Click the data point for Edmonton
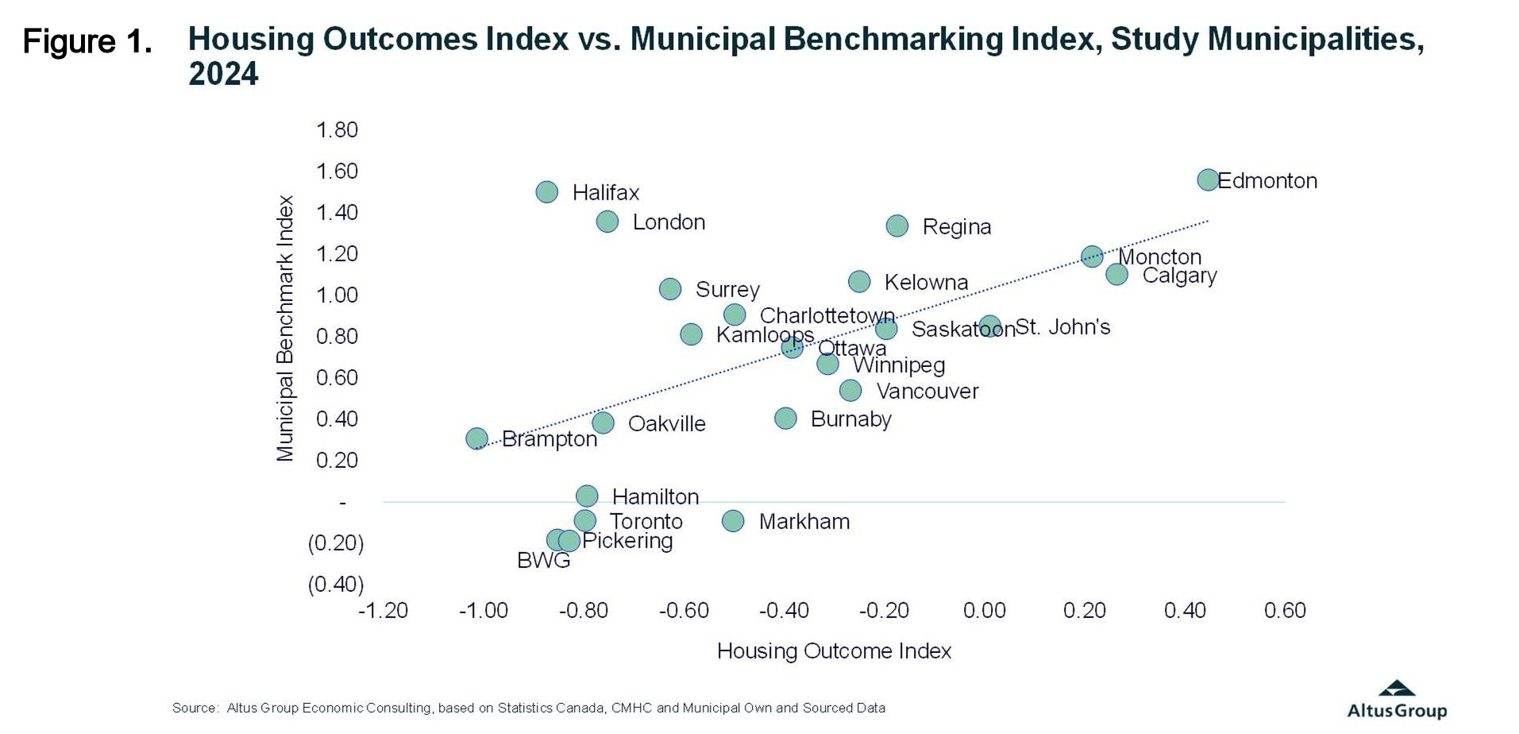(x=1208, y=180)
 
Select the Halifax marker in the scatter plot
(x=546, y=191)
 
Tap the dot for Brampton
(x=476, y=438)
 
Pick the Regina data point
(x=897, y=226)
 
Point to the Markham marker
(x=733, y=521)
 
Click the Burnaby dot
(x=785, y=419)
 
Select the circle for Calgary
(x=1116, y=274)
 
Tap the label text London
(x=669, y=222)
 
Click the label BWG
(x=543, y=561)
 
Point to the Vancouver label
(x=927, y=391)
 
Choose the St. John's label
(x=1062, y=326)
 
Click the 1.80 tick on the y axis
(x=337, y=129)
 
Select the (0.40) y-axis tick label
(x=336, y=584)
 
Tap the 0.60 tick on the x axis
(x=1285, y=610)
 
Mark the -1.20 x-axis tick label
(x=383, y=610)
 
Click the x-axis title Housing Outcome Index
(x=834, y=651)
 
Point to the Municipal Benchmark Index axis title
(x=284, y=328)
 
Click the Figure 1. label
(x=87, y=41)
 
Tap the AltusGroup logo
(x=1397, y=700)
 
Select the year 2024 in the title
(x=223, y=74)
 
